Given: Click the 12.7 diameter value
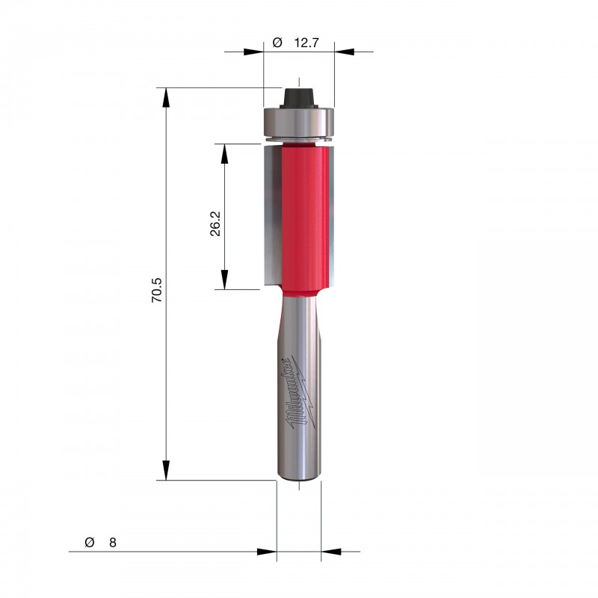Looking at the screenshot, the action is pos(306,43).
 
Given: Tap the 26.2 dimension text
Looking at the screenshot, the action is pos(215,224).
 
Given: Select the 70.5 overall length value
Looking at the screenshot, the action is pos(157,290).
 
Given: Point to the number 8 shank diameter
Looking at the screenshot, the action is pos(113,543).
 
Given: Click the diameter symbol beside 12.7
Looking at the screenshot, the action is pos(277,43).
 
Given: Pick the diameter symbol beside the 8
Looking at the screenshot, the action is pos(89,543).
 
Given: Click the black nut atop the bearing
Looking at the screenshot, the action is pos(299,98).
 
